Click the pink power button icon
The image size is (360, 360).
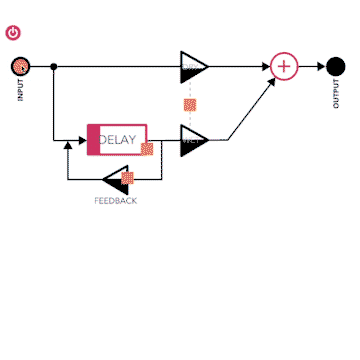tap(13, 33)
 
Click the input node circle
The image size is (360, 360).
tap(20, 67)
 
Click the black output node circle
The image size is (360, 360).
tap(336, 67)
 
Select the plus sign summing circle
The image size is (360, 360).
tap(284, 67)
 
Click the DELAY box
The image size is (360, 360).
tap(118, 139)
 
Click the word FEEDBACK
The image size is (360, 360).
tap(116, 201)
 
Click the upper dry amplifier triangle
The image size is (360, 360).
tap(192, 67)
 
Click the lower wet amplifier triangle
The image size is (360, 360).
tap(192, 139)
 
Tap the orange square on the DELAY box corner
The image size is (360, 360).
tap(147, 150)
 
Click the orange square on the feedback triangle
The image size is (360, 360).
tap(127, 179)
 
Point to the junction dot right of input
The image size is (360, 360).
tap(53, 67)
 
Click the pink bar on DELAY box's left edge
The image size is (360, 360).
tap(93, 139)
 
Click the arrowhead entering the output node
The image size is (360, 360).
tap(321, 67)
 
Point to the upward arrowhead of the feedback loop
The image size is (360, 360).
tap(68, 146)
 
